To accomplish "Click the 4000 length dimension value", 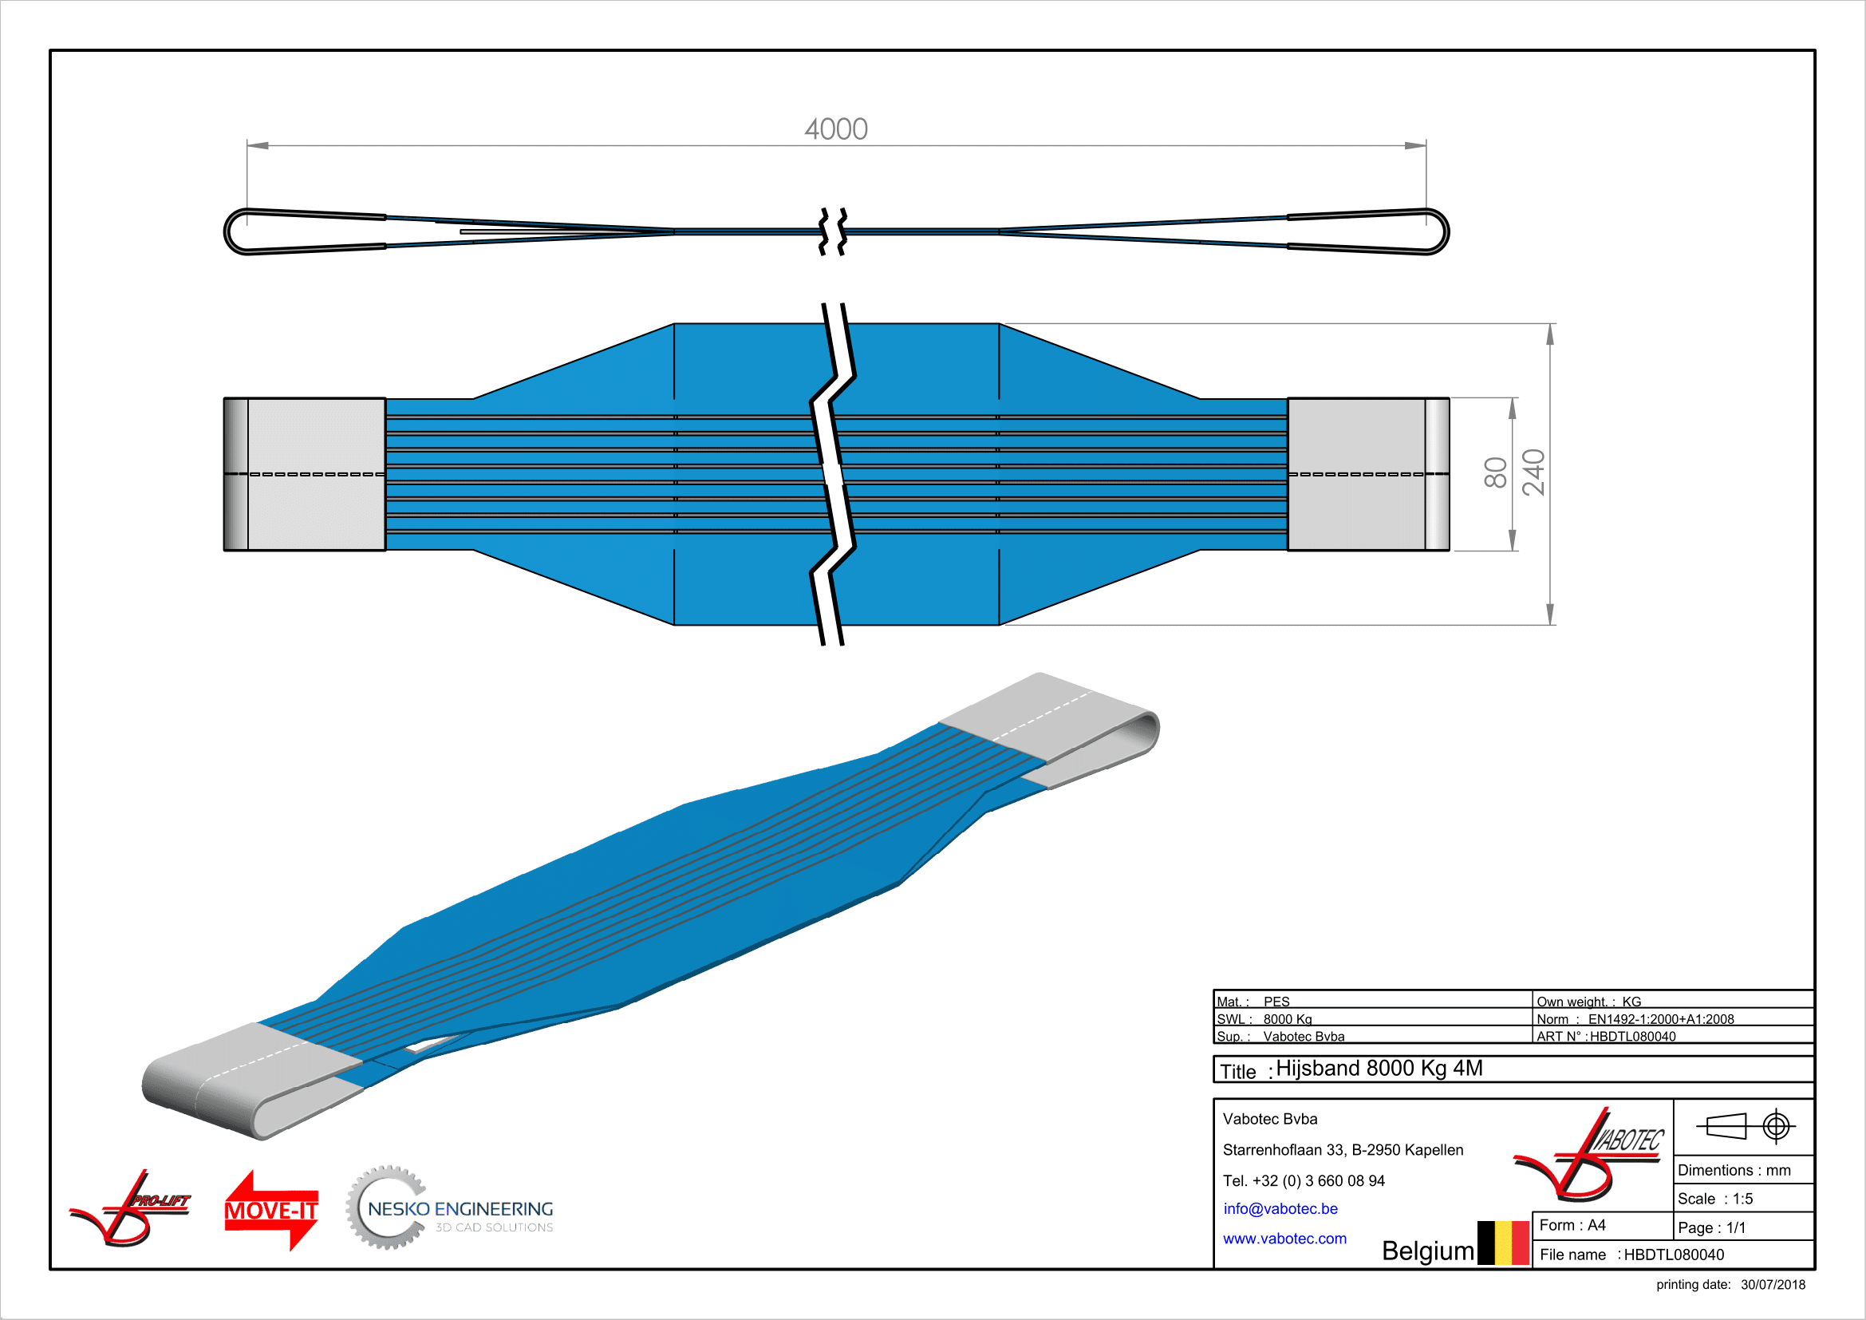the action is tap(835, 129).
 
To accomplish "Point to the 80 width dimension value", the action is tap(1495, 473).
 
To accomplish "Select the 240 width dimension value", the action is tap(1533, 472).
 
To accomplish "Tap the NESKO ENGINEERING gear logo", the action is tap(449, 1208).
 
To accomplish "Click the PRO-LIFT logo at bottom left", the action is tap(130, 1208).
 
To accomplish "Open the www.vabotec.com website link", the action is tap(1284, 1239).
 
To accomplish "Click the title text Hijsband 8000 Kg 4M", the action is tap(1379, 1069).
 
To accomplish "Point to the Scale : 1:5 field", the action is tap(1715, 1199).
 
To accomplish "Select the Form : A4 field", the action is tap(1572, 1226).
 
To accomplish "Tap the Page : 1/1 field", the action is tap(1710, 1228).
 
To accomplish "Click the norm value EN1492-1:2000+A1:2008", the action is tap(1660, 1019).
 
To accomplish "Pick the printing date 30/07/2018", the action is tap(1773, 1285).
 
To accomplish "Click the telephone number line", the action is tap(1304, 1181).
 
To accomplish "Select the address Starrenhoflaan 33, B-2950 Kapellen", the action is tap(1343, 1150).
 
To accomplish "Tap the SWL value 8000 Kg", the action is tap(1288, 1019).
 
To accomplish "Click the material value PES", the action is tap(1276, 1002).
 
